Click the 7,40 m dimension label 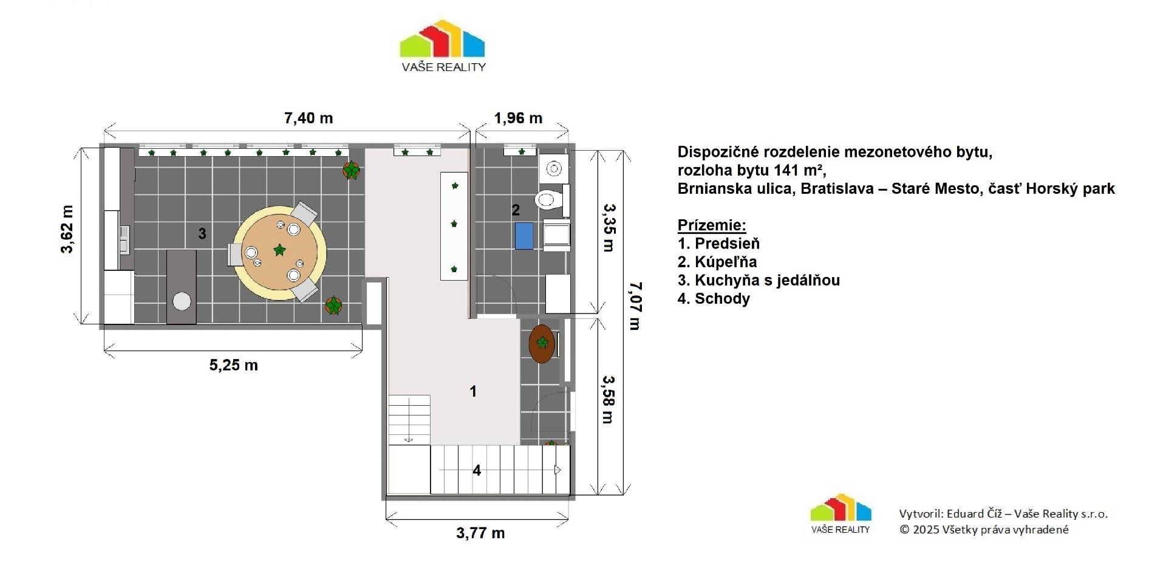pyautogui.click(x=309, y=118)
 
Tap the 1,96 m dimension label pyautogui.click(x=518, y=118)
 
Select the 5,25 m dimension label pyautogui.click(x=234, y=365)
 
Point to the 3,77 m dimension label pyautogui.click(x=480, y=533)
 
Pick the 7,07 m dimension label pyautogui.click(x=635, y=306)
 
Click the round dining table pyautogui.click(x=279, y=252)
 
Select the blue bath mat pyautogui.click(x=524, y=236)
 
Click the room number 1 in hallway pyautogui.click(x=474, y=391)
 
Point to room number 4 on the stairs pyautogui.click(x=477, y=470)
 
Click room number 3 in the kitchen pyautogui.click(x=202, y=233)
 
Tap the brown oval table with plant pyautogui.click(x=542, y=344)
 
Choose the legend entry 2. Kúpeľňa pyautogui.click(x=717, y=262)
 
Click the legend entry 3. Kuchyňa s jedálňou pyautogui.click(x=759, y=280)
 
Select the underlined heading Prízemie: pyautogui.click(x=712, y=225)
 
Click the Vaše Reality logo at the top pyautogui.click(x=443, y=46)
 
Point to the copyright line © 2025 pyautogui.click(x=984, y=529)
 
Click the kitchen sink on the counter pyautogui.click(x=124, y=239)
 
